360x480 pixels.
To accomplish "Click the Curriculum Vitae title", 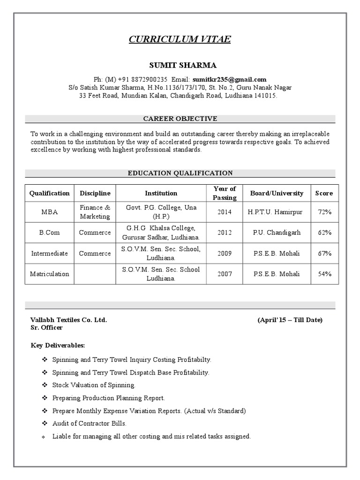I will (180, 39).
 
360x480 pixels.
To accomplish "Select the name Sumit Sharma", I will (180, 65).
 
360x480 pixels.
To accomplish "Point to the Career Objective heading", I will (180, 119).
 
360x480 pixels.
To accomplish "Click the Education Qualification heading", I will (180, 173).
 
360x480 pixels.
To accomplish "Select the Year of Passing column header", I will (225, 193).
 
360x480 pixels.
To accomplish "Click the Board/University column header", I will (277, 193).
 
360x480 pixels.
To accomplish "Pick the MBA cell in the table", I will (49, 212).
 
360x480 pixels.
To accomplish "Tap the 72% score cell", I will (324, 212).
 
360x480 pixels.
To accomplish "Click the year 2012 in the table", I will (225, 232).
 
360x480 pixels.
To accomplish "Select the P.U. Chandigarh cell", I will (277, 232).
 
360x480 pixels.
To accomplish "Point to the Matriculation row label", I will (49, 274).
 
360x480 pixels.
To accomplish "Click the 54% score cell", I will (324, 274).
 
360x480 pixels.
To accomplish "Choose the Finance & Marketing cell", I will (95, 212).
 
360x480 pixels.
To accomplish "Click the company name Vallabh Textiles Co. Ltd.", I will (69, 320).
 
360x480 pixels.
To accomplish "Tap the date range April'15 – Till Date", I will (290, 320).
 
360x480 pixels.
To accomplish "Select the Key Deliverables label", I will (58, 345).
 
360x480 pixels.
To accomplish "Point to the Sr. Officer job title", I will (47, 328).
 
